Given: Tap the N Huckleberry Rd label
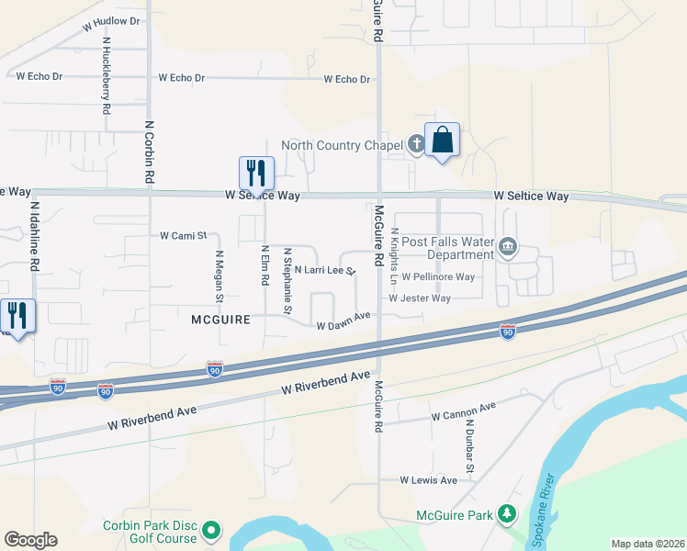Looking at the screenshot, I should (107, 75).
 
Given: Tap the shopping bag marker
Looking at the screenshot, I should (442, 141).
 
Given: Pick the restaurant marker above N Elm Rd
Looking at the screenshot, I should (256, 172).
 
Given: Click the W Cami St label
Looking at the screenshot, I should (184, 236).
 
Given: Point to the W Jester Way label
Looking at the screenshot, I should (419, 298).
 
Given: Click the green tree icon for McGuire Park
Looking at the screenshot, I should (506, 515).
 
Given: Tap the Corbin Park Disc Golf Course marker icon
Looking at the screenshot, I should (211, 530).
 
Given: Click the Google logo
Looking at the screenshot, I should (30, 540).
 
